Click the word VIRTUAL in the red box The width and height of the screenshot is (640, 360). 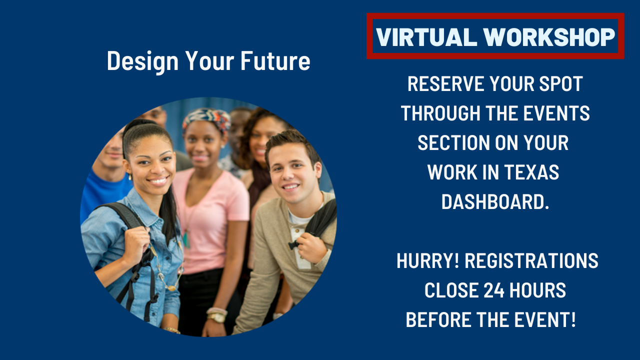coord(426,37)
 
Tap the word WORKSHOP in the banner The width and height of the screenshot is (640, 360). coord(549,37)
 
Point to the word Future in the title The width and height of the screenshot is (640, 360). coord(275,61)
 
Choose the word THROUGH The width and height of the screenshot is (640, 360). coord(440,113)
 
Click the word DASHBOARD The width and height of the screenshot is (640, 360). coord(495,202)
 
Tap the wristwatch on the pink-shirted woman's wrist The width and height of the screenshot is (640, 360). coord(216,317)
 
